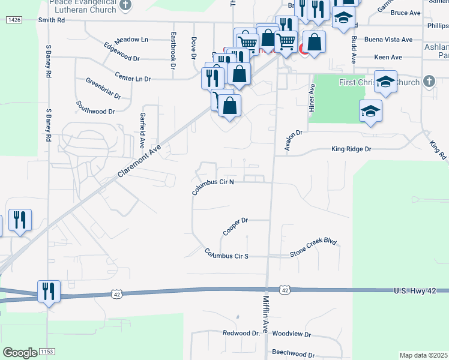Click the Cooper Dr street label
[235, 226]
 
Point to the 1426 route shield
[15, 20]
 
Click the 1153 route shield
[47, 351]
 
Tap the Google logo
[19, 353]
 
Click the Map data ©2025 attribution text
[424, 355]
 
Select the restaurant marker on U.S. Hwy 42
[48, 292]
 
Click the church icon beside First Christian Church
[429, 81]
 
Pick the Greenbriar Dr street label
[103, 88]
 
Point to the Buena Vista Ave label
[389, 40]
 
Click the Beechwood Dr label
[293, 355]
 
